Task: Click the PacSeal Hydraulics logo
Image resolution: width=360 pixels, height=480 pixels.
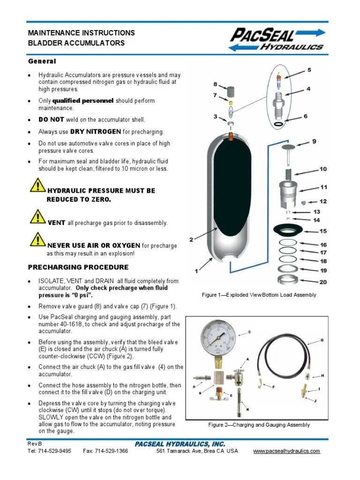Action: click(277, 39)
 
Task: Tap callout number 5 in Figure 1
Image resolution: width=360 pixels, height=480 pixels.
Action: click(309, 70)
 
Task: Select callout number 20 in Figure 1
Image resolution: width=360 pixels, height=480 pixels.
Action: click(323, 282)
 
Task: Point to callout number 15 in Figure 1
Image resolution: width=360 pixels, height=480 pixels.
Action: click(323, 231)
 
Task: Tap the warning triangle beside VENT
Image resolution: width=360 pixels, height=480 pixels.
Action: click(37, 217)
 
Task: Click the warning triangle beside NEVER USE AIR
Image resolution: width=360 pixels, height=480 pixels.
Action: click(37, 239)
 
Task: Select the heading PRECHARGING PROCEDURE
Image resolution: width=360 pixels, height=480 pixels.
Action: click(78, 267)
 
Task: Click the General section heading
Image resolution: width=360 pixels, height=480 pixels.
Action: click(42, 61)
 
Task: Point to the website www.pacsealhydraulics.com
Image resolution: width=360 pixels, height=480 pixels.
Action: click(286, 451)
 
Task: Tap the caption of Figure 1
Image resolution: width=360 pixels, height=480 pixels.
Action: click(259, 295)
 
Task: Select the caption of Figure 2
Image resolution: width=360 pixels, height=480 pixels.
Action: click(259, 425)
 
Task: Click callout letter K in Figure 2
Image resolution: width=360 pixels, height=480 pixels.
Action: click(247, 409)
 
